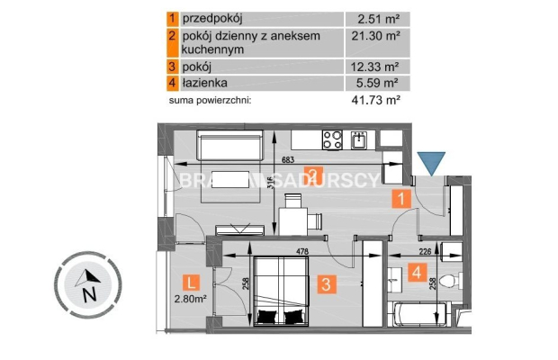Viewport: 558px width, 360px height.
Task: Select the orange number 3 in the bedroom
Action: pos(328,284)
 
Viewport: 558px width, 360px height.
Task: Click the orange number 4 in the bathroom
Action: pos(418,270)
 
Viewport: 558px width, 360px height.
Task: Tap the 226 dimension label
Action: pos(427,252)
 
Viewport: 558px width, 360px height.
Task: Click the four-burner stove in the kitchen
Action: pos(331,139)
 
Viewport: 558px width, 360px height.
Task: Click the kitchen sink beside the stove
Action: pos(359,139)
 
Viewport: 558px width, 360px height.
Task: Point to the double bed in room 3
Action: pos(282,290)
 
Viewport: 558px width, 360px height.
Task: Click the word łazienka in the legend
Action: pos(206,85)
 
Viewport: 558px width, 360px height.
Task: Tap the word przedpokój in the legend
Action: pos(212,17)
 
